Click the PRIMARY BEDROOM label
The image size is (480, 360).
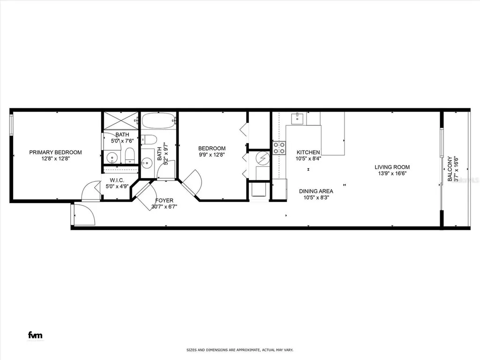click(x=55, y=152)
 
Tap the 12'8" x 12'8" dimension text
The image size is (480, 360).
click(x=55, y=159)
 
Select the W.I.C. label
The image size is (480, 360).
click(x=117, y=180)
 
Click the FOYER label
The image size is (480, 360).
click(x=164, y=200)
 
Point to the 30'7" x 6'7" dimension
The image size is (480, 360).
click(x=164, y=207)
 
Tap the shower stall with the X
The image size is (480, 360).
click(x=120, y=120)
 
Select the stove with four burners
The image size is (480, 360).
click(x=280, y=148)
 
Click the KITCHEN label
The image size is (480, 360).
click(x=308, y=152)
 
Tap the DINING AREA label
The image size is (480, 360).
click(x=316, y=191)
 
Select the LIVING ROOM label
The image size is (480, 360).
click(x=392, y=167)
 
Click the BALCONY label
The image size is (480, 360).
click(x=450, y=169)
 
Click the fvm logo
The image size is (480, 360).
click(x=35, y=335)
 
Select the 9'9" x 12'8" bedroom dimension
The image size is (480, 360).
click(x=212, y=155)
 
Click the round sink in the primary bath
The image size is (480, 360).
click(x=111, y=157)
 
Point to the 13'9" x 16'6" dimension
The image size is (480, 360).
click(x=392, y=173)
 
